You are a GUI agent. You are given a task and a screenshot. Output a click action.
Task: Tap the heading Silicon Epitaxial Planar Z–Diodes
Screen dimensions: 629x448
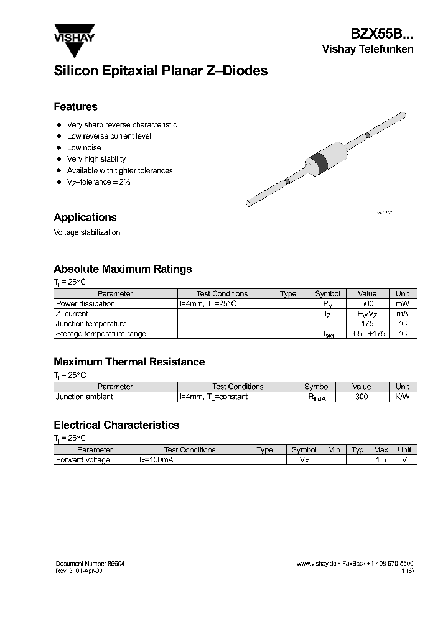[161, 71]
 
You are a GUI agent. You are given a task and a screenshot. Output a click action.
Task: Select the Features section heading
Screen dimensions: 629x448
[75, 106]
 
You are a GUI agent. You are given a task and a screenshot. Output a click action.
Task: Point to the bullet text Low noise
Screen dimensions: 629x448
[84, 147]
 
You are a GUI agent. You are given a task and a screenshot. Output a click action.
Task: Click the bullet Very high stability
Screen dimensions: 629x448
[96, 159]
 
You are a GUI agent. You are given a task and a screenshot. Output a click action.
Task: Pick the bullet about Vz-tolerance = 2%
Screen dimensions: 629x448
[98, 182]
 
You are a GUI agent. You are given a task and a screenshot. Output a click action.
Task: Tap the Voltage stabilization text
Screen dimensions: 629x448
[86, 232]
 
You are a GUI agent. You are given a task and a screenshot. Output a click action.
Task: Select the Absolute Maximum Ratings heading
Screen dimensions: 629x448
[123, 269]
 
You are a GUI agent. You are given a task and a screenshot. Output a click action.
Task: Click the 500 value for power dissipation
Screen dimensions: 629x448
[367, 304]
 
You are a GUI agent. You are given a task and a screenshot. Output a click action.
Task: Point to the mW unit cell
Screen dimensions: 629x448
[402, 304]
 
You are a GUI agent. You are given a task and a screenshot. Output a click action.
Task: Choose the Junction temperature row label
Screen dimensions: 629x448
[91, 324]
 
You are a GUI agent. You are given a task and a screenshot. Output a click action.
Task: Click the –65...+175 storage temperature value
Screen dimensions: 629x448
[367, 334]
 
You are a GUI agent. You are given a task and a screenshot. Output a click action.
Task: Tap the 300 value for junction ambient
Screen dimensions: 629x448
[361, 397]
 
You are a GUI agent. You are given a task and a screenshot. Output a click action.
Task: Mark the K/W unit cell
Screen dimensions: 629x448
[402, 397]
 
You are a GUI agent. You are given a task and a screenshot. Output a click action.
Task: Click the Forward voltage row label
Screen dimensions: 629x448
[83, 460]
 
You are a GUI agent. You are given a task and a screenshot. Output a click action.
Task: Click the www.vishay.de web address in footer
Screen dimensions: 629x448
[316, 563]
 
